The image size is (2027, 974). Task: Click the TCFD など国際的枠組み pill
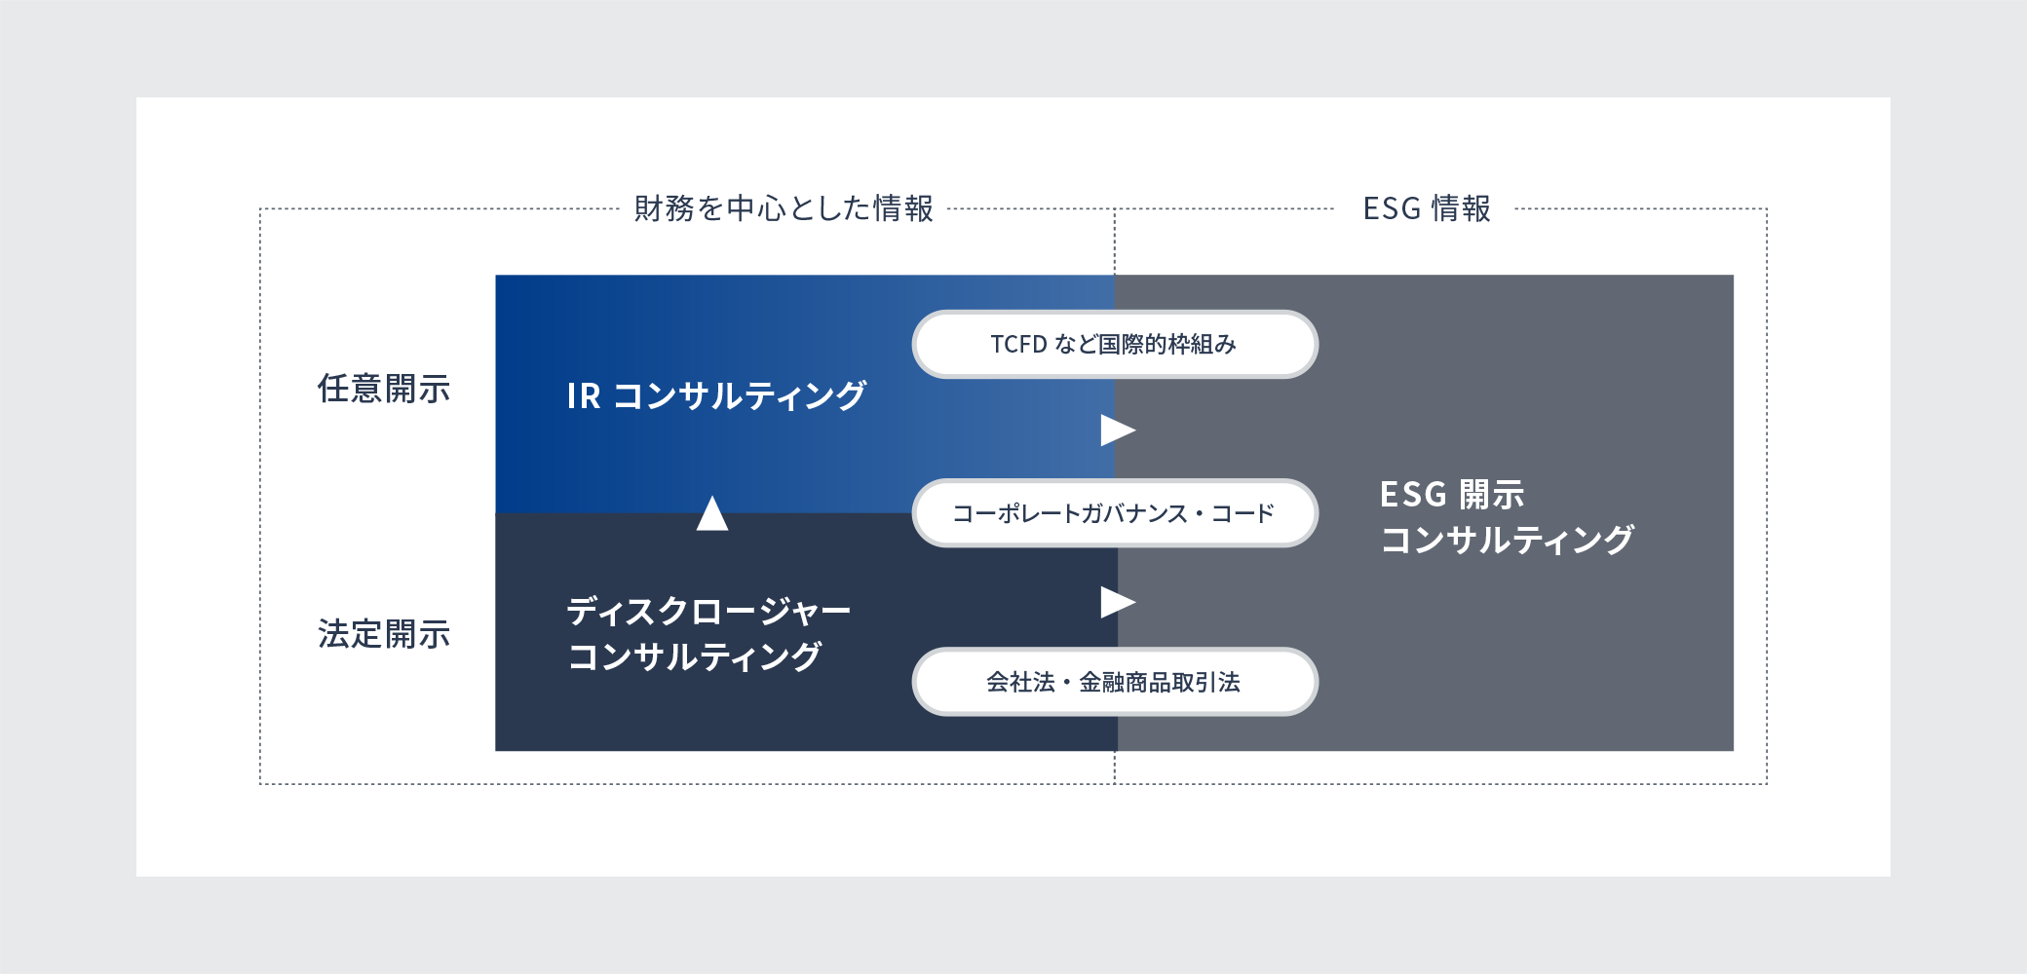[x=1115, y=344]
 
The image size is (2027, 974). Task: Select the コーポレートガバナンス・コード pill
[x=1115, y=513]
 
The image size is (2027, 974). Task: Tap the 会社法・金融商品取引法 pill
[x=1115, y=682]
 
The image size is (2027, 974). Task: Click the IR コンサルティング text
[x=716, y=395]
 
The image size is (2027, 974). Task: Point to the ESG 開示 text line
[x=1452, y=495]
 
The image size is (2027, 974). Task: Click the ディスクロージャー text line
[x=708, y=612]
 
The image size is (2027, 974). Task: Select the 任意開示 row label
[x=384, y=389]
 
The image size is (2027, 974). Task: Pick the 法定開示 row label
[x=384, y=634]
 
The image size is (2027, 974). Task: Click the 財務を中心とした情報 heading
[x=784, y=208]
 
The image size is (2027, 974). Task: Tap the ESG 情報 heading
[x=1427, y=208]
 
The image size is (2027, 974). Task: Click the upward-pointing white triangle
[x=712, y=513]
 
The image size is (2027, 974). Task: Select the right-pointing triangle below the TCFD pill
[x=1118, y=430]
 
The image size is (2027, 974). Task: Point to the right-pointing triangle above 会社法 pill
[x=1118, y=602]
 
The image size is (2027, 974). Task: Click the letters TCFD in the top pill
[x=1018, y=344]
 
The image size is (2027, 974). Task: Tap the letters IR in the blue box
[x=584, y=396]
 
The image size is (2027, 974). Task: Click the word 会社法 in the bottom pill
[x=1020, y=682]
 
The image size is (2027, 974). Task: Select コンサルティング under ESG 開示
[x=1507, y=540]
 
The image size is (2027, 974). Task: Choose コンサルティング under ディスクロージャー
[x=694, y=656]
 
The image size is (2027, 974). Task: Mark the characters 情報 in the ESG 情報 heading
[x=1461, y=208]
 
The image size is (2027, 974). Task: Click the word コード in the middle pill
[x=1243, y=513]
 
